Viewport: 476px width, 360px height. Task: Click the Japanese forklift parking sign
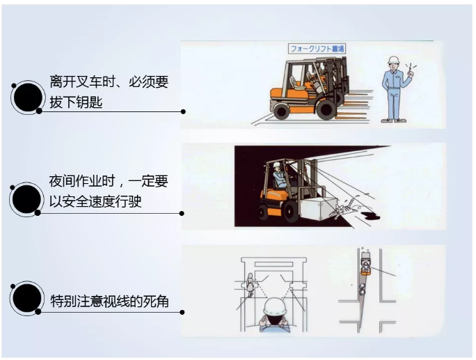click(317, 49)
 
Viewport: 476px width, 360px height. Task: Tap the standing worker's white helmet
click(393, 59)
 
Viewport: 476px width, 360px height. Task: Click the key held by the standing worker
click(411, 68)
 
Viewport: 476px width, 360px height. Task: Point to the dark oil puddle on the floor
click(370, 216)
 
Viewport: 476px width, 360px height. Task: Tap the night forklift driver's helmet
click(276, 164)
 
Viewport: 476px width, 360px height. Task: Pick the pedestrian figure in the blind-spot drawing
click(250, 285)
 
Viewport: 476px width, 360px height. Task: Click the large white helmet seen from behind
click(275, 308)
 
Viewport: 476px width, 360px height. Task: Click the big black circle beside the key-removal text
click(28, 97)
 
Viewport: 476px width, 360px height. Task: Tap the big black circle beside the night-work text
click(27, 199)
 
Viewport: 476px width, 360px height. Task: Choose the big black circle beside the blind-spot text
click(27, 298)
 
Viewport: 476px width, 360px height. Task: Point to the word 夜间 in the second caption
click(62, 181)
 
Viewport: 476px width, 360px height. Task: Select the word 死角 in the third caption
click(156, 302)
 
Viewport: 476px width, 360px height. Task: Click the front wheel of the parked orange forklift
click(326, 109)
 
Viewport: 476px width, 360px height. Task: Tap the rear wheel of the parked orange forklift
click(281, 111)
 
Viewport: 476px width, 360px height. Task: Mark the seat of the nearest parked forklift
click(294, 83)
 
